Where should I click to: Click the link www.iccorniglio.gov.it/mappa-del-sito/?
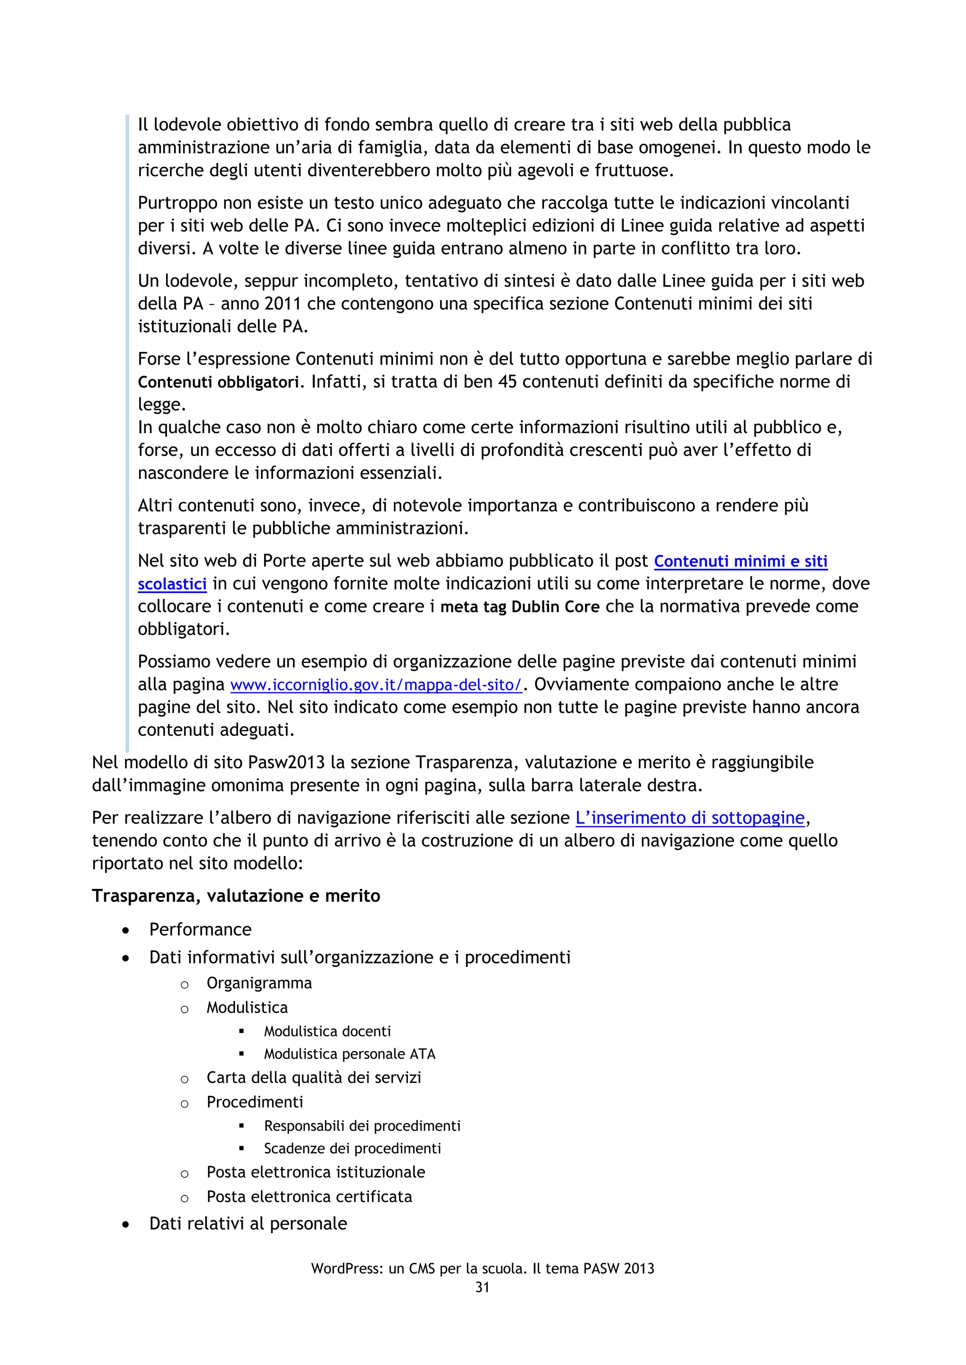tap(376, 685)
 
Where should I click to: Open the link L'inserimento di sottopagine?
tap(690, 818)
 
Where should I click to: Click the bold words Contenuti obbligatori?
tap(218, 382)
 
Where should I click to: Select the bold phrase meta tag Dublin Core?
tap(519, 607)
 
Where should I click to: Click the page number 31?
tap(483, 1287)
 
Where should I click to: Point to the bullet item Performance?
tap(200, 929)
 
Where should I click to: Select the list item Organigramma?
tap(259, 983)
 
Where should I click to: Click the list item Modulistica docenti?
tap(327, 1031)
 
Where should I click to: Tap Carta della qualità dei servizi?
tap(314, 1078)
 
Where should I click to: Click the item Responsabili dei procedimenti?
tap(362, 1126)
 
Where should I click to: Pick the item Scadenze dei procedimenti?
tap(352, 1149)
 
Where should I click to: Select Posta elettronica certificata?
tap(309, 1197)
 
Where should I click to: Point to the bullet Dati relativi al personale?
tap(248, 1224)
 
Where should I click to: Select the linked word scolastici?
tap(172, 584)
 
